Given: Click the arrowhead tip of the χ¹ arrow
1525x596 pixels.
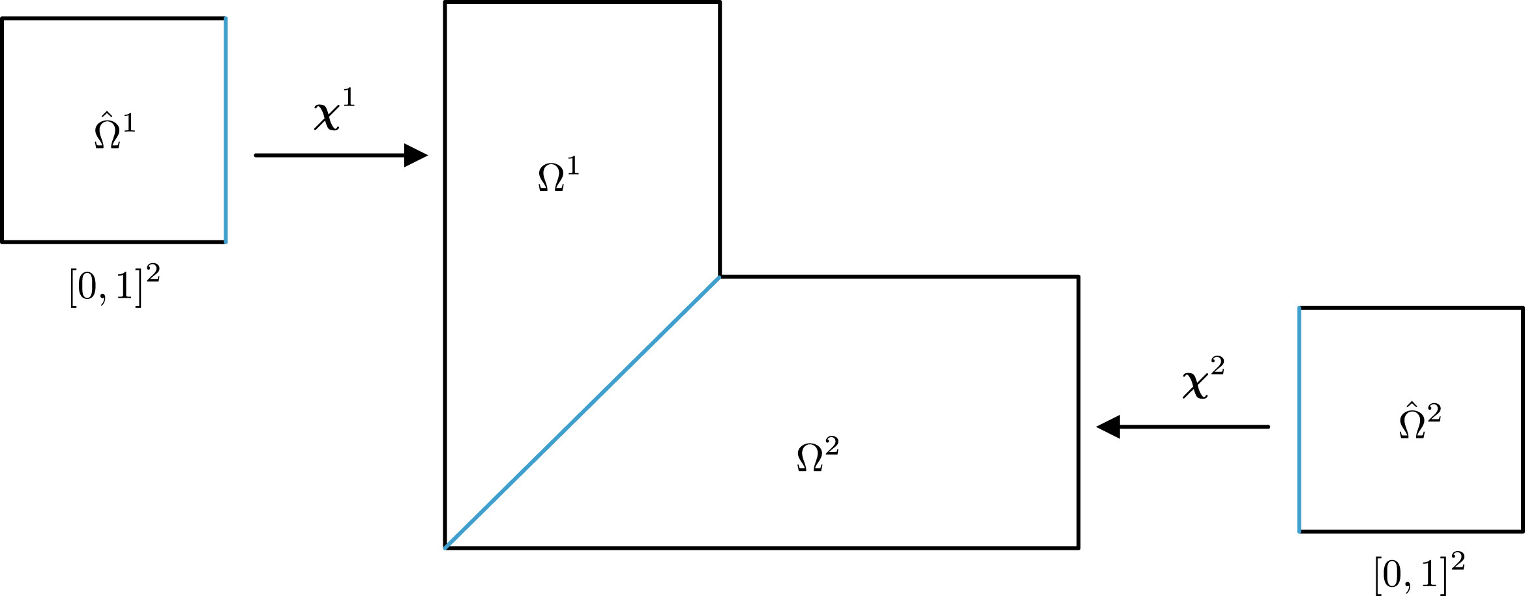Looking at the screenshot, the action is coord(428,155).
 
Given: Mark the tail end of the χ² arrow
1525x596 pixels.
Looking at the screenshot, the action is coord(1269,427).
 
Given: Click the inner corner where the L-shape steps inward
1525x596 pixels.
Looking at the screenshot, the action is coord(720,277).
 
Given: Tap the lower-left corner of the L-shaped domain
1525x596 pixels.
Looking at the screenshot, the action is coord(445,548).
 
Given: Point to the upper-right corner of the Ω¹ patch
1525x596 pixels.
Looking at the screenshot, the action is coord(720,3).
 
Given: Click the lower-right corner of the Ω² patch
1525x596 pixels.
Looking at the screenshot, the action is coord(1078,548).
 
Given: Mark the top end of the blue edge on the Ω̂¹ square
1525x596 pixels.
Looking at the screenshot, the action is coord(226,18).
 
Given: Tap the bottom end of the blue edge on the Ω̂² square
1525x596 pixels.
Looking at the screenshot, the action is coord(1299,532).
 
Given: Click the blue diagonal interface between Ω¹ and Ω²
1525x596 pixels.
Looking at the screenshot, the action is coord(582,412).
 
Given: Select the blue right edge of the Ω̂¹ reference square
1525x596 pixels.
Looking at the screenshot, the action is coord(226,130).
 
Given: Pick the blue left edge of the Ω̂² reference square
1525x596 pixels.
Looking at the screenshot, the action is coord(1299,419).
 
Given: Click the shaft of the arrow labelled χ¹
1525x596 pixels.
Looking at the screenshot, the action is coord(330,155).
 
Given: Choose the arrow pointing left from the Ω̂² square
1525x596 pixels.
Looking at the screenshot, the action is coord(1183,427).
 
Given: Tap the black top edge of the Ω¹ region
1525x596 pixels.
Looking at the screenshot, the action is coord(582,3).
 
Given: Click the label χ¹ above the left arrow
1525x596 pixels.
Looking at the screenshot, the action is coord(334,109).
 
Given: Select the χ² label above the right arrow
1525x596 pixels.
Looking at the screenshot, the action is coord(1204,378).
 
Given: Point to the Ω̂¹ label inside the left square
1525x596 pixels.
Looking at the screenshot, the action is coord(115,130).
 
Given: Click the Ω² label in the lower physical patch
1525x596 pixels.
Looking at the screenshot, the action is coord(818,454).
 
